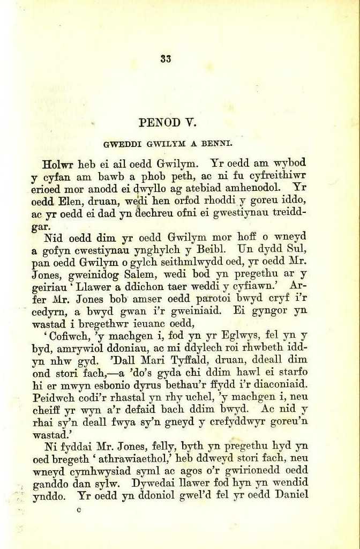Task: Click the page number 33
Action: click(165, 60)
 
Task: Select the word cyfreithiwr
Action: click(276, 176)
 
